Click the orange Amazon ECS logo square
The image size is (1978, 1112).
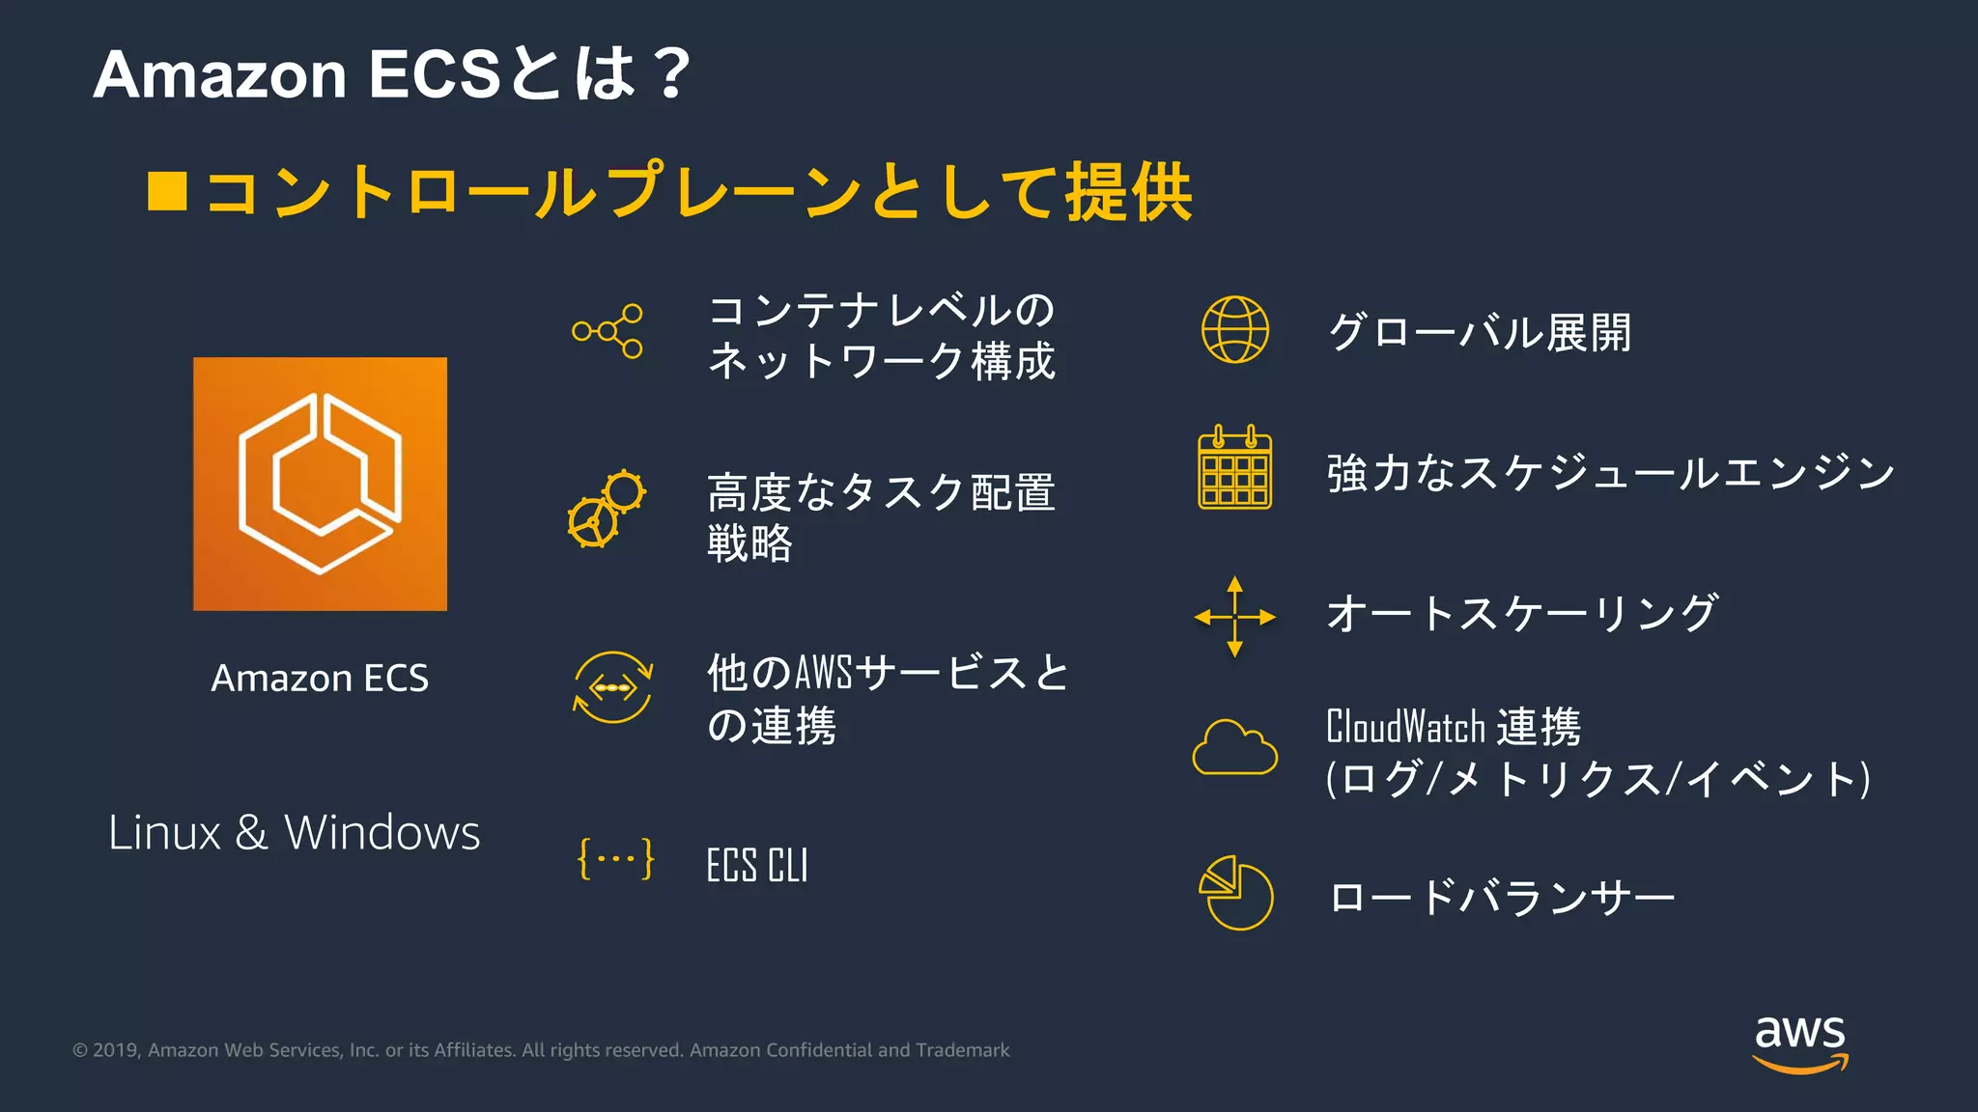tap(320, 484)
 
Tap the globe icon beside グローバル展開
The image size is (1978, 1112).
tap(1234, 330)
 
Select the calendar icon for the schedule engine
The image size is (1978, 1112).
tap(1234, 467)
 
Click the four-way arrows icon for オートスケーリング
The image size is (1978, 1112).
tap(1234, 617)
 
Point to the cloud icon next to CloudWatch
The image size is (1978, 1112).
tap(1234, 748)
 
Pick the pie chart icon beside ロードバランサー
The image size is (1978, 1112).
tap(1236, 893)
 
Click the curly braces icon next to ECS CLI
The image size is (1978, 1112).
tap(615, 858)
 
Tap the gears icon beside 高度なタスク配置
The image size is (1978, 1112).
tap(607, 509)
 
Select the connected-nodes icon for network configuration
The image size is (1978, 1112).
tap(608, 331)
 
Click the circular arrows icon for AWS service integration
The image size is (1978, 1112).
tap(613, 687)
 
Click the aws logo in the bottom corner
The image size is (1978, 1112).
tap(1800, 1042)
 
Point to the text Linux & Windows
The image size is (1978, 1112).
tap(294, 832)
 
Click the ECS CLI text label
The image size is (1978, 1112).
tap(757, 865)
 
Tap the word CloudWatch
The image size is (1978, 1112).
tap(1405, 727)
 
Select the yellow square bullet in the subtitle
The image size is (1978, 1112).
tap(167, 191)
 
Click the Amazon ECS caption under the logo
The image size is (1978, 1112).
tap(320, 678)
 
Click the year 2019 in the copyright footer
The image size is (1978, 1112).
tap(116, 1050)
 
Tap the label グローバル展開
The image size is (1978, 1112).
tap(1480, 332)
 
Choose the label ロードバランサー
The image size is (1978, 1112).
tap(1502, 898)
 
